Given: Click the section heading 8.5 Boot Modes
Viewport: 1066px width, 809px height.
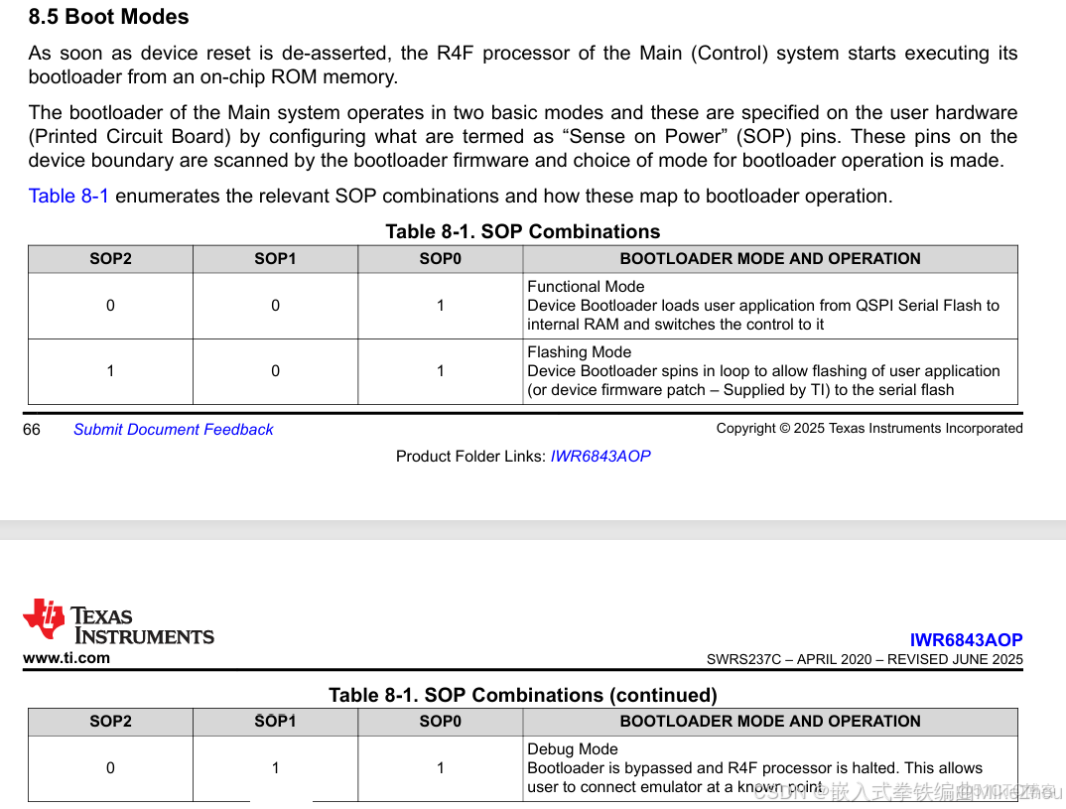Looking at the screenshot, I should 108,17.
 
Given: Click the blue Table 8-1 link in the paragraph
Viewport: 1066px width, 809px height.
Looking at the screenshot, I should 68,196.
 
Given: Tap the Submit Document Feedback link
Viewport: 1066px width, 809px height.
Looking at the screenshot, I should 173,429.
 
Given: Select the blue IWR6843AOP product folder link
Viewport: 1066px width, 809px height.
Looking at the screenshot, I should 600,456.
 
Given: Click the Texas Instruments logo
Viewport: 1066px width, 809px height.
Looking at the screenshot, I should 118,621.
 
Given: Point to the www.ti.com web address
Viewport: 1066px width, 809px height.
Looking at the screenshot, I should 67,657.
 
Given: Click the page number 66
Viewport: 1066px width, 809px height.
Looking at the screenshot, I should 32,429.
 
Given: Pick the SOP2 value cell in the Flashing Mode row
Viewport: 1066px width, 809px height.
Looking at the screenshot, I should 110,371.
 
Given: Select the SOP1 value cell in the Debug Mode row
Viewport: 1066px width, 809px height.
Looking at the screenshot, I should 275,767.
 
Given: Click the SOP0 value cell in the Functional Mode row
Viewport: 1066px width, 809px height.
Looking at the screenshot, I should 440,306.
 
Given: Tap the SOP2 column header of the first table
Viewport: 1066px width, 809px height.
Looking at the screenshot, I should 110,258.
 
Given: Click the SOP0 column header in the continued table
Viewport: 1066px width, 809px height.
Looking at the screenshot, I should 440,721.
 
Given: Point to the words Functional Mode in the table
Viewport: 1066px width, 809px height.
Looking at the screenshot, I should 586,286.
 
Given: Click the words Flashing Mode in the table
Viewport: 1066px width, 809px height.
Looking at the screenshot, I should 579,351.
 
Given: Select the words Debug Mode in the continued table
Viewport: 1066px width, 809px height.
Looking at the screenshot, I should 572,748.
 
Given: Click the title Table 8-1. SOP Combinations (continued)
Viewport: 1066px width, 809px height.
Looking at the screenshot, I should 522,695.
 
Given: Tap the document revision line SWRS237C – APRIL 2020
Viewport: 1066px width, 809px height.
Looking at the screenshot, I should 864,659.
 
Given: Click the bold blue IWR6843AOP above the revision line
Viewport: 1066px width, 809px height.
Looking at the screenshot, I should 966,640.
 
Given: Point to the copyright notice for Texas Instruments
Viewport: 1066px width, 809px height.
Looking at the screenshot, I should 868,428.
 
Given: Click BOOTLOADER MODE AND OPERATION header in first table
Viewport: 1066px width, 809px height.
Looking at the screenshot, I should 769,258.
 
